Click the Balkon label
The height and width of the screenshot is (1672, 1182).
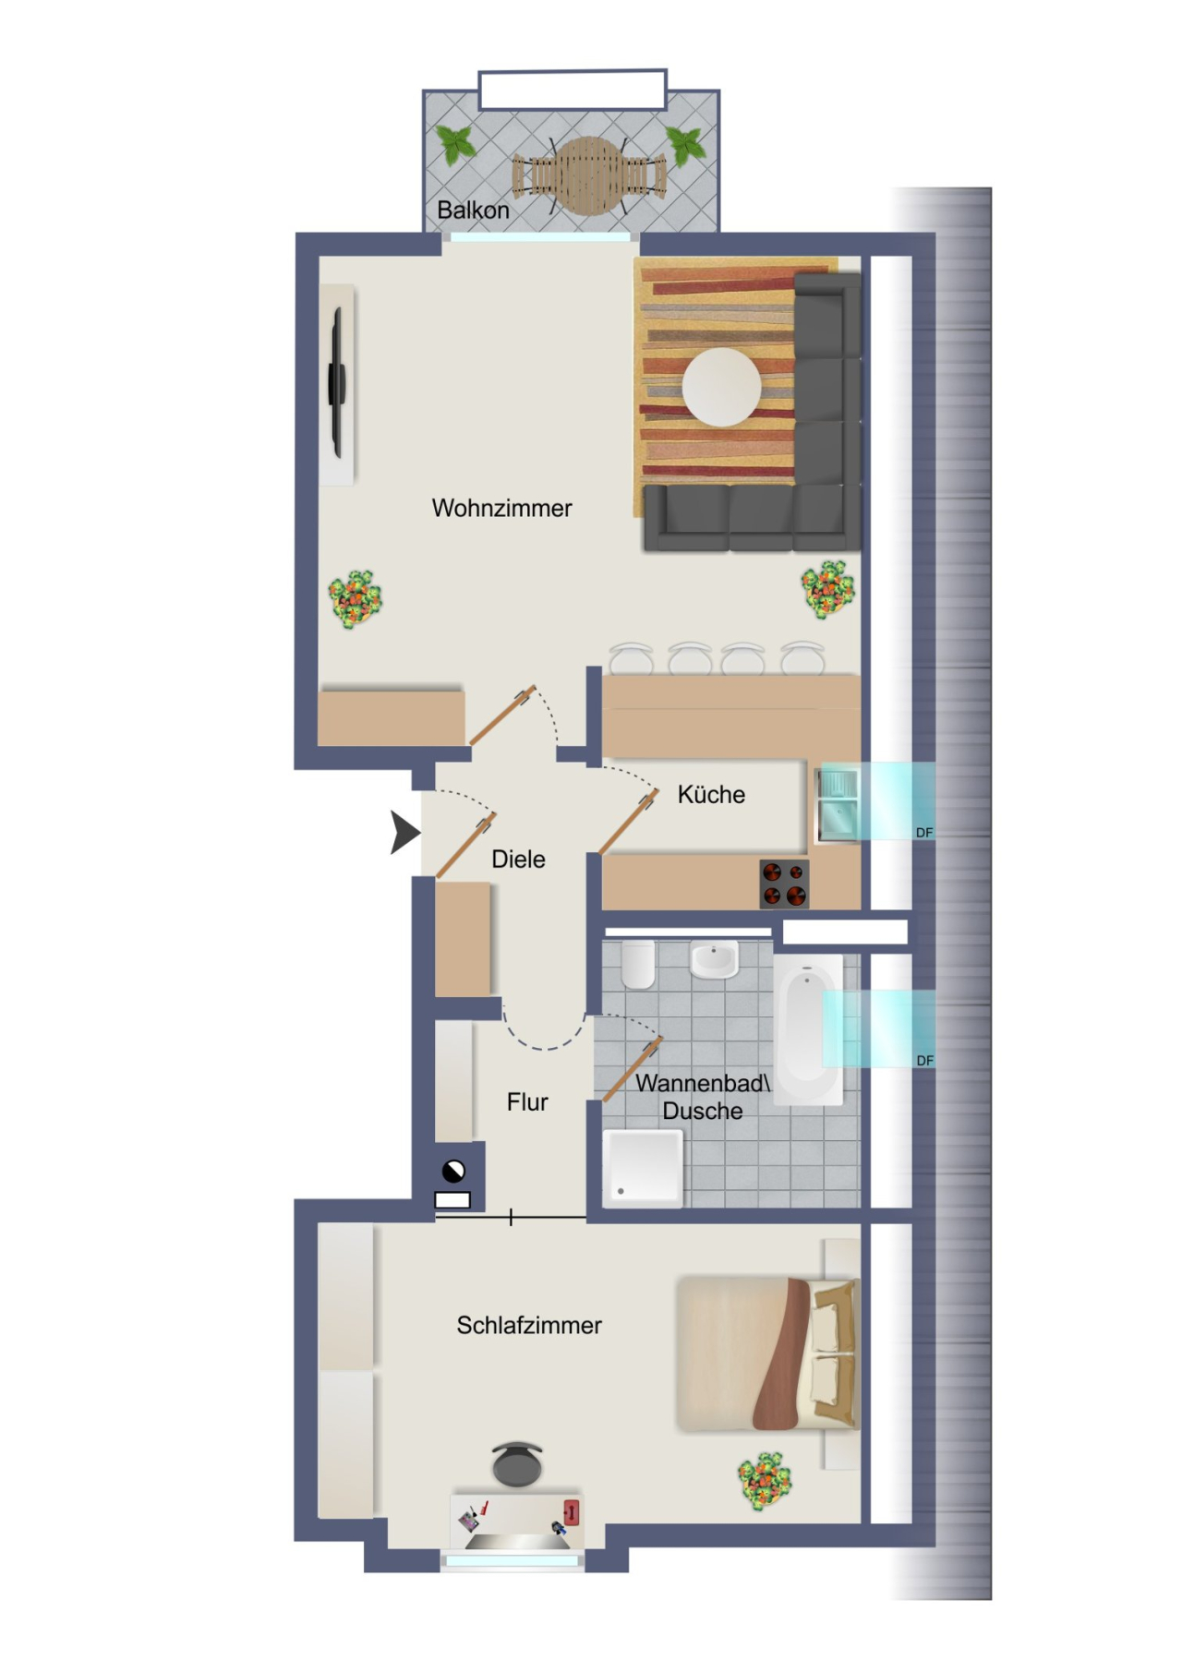[x=473, y=211]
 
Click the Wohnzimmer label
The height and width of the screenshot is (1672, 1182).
[x=501, y=508]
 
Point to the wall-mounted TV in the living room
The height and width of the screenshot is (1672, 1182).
[x=338, y=383]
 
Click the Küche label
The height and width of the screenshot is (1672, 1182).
[x=711, y=795]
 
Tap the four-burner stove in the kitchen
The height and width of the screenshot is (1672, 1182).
[x=784, y=884]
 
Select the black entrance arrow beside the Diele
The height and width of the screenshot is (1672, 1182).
[x=404, y=833]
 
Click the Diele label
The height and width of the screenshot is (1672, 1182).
[x=518, y=860]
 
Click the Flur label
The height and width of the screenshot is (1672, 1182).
[x=527, y=1102]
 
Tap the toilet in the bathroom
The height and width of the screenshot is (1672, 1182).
[x=638, y=965]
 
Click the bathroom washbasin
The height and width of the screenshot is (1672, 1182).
[x=714, y=960]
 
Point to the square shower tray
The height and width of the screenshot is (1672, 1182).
[x=643, y=1167]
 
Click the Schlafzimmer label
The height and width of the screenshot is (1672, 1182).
[x=529, y=1326]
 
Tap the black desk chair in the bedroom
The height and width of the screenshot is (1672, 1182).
[x=517, y=1464]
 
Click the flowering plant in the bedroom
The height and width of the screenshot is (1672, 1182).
[x=765, y=1480]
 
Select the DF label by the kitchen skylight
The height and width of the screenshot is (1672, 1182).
[x=923, y=833]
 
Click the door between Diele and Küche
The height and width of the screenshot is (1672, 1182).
[x=628, y=822]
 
